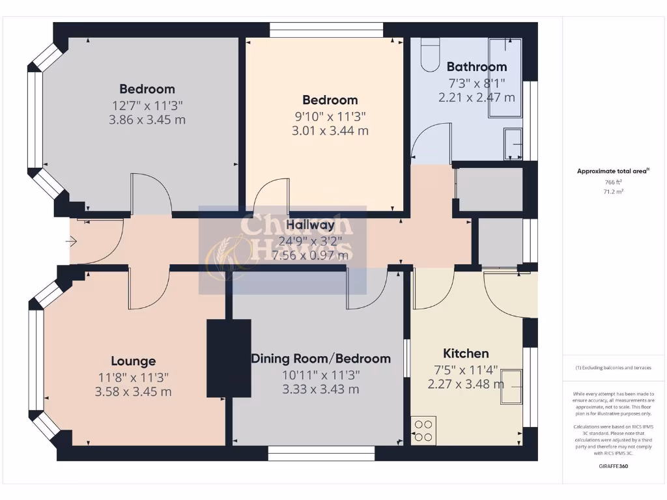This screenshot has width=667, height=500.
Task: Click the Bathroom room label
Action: (476, 66)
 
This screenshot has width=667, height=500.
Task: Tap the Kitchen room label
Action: (466, 354)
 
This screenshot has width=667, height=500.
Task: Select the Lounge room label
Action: (133, 361)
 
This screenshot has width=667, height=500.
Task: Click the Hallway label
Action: (310, 225)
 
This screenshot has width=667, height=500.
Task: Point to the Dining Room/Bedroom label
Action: (320, 359)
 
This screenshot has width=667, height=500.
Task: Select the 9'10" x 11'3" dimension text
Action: (330, 116)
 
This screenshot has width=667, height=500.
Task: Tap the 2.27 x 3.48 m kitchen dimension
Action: (466, 384)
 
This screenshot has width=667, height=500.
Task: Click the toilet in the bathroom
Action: (431, 55)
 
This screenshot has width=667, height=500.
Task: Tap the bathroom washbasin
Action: (513, 143)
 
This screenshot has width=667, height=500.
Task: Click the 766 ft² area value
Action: (613, 182)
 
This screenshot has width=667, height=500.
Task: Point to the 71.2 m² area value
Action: (613, 192)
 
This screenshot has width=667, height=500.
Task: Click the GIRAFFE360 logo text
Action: (613, 466)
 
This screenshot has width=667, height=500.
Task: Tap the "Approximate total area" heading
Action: (613, 171)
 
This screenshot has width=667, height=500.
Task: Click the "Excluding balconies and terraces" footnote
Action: (613, 368)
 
